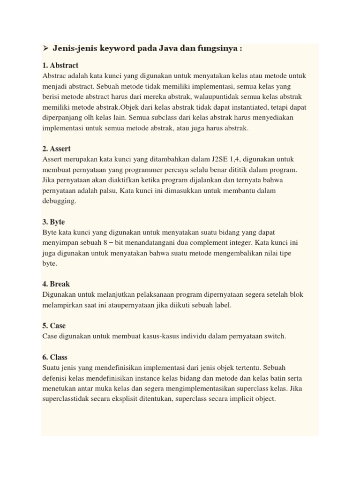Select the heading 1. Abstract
point(60,65)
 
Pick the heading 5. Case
point(54,325)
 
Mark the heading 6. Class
point(55,357)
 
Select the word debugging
point(59,201)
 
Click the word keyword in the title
point(106,49)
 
